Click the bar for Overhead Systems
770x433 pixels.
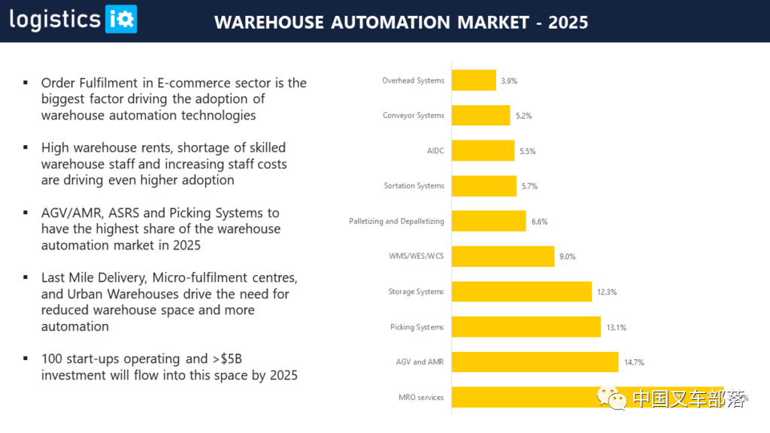click(x=474, y=80)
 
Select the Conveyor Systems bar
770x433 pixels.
click(x=481, y=116)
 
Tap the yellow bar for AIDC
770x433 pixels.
click(x=483, y=151)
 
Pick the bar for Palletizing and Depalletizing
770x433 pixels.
click(x=489, y=221)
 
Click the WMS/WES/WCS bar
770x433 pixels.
click(x=502, y=256)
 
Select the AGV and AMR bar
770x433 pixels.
click(x=535, y=362)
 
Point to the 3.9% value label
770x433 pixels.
click(x=509, y=80)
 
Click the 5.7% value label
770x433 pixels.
click(x=529, y=186)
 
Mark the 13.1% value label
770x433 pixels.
click(x=616, y=327)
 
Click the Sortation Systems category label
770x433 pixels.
click(x=414, y=186)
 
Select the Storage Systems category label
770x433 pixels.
click(x=416, y=292)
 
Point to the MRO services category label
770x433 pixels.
click(x=421, y=398)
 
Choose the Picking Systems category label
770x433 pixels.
click(x=417, y=327)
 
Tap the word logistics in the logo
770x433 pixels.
click(x=55, y=20)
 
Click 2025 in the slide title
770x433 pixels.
click(x=568, y=23)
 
